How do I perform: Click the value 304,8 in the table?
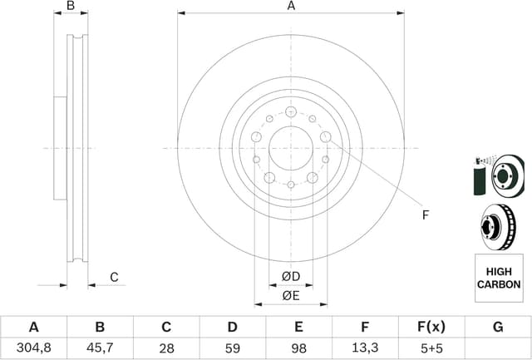[34, 349]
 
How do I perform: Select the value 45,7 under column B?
[100, 349]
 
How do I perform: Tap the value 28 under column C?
[166, 349]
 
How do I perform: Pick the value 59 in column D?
[233, 349]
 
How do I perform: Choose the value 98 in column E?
[298, 349]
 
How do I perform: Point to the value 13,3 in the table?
[365, 349]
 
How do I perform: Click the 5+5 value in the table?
[431, 349]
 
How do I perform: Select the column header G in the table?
[498, 328]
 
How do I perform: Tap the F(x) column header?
[431, 328]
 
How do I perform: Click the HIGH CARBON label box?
[499, 278]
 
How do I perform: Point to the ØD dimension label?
[290, 276]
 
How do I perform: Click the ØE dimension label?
[290, 296]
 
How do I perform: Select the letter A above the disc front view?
[291, 7]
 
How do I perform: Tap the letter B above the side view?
[71, 7]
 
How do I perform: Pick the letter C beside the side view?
[115, 277]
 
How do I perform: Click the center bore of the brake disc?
[290, 148]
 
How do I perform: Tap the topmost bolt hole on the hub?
[290, 111]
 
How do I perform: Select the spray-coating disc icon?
[497, 175]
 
